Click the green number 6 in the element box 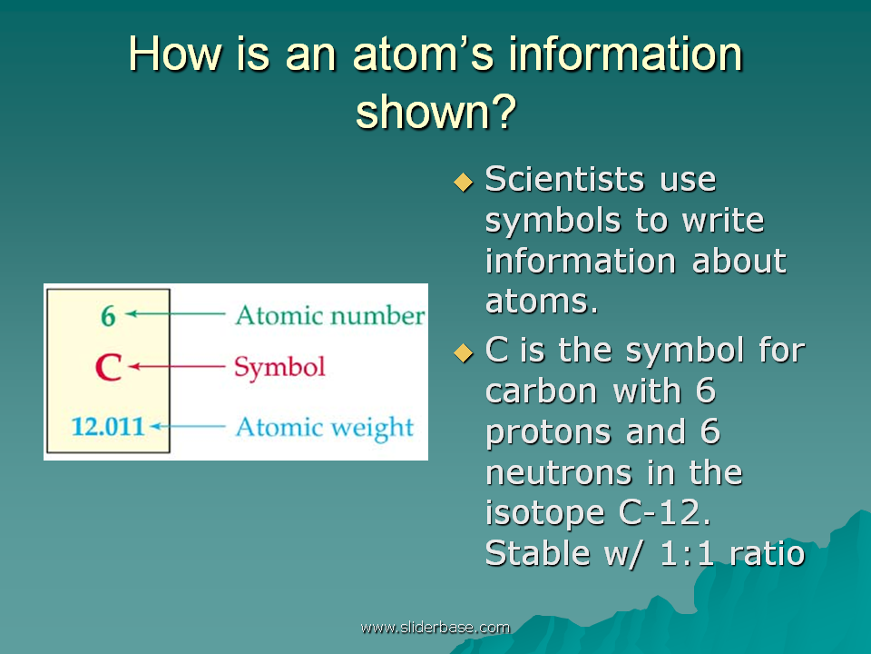(108, 316)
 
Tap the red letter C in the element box (108, 367)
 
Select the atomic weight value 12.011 (108, 427)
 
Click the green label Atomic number (330, 315)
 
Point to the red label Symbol (279, 368)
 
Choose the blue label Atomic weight (325, 428)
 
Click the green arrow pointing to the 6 (175, 314)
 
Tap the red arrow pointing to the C (177, 366)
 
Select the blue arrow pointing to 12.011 (188, 427)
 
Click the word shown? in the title (436, 112)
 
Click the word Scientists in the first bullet (564, 179)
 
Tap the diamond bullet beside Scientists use (464, 182)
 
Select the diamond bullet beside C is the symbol (464, 352)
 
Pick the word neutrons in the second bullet (558, 473)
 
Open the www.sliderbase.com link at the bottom (435, 628)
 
